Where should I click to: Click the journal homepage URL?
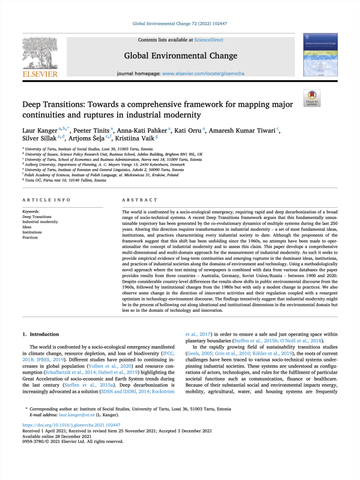[203, 74]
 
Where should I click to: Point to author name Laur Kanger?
[40, 130]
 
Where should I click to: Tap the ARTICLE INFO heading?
[46, 200]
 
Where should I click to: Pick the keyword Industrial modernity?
[40, 222]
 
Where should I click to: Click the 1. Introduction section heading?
[41, 334]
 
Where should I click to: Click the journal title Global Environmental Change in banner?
[180, 56]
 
